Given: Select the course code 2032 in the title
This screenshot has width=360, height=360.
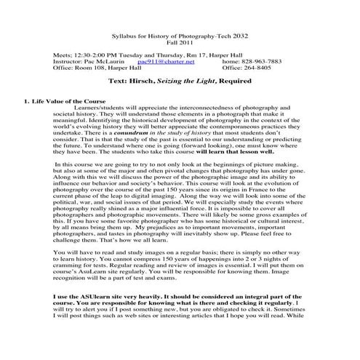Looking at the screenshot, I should point(233,34).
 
